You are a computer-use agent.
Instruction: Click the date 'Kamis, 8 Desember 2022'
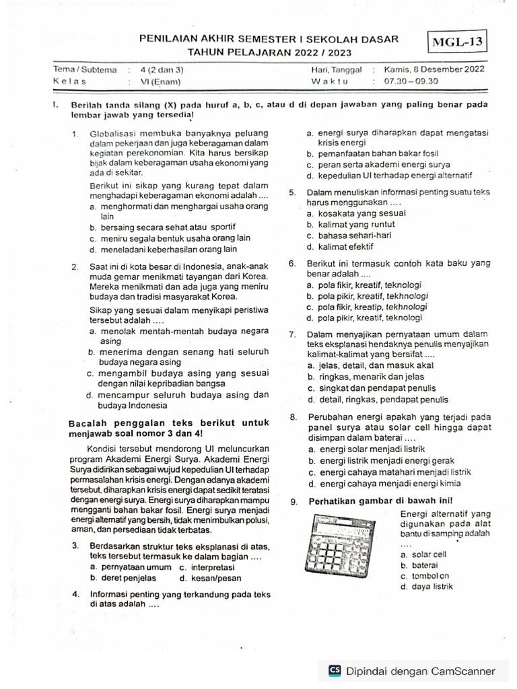click(x=434, y=69)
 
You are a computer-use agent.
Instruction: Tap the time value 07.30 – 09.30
click(x=411, y=81)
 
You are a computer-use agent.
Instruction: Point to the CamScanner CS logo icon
click(x=334, y=671)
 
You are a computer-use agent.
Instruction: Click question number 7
click(x=293, y=334)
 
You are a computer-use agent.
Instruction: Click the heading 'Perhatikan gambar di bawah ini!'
click(x=380, y=501)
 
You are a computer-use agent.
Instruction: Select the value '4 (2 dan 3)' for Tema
click(x=162, y=69)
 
